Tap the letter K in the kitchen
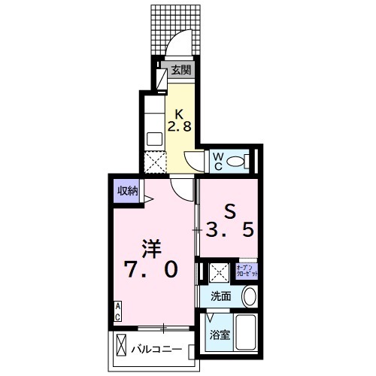[180, 114]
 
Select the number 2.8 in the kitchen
[185, 127]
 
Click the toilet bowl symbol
[238, 161]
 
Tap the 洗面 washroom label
[221, 296]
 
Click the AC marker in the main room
[119, 312]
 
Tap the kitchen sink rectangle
[155, 139]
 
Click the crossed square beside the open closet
[218, 271]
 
